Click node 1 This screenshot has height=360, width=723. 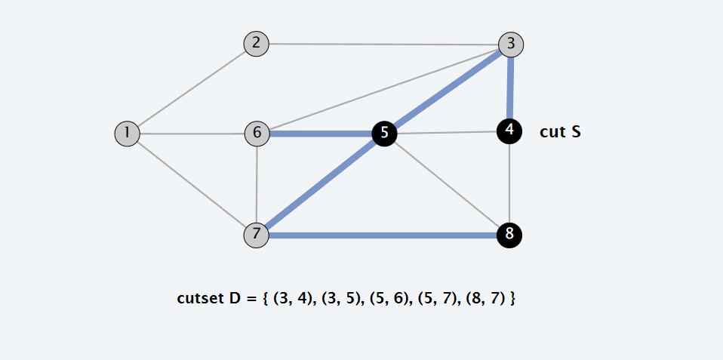[127, 134]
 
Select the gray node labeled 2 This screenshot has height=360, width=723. [257, 43]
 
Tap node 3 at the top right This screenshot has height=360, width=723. [511, 44]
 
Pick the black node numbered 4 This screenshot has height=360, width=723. [510, 131]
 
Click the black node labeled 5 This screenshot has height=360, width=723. [384, 134]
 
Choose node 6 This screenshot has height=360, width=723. [257, 134]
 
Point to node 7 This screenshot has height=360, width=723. [257, 235]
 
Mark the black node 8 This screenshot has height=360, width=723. [509, 235]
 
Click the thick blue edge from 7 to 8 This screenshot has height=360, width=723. [383, 235]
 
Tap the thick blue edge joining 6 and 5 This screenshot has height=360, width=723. [321, 134]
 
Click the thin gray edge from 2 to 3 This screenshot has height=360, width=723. [383, 44]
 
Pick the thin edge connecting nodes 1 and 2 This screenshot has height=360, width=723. [192, 88]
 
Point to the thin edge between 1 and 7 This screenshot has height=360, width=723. [192, 184]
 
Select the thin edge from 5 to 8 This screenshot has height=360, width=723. [447, 185]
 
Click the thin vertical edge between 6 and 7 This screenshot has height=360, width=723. [257, 184]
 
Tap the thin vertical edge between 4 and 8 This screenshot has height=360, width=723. [510, 183]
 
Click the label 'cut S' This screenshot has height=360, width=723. [560, 132]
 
